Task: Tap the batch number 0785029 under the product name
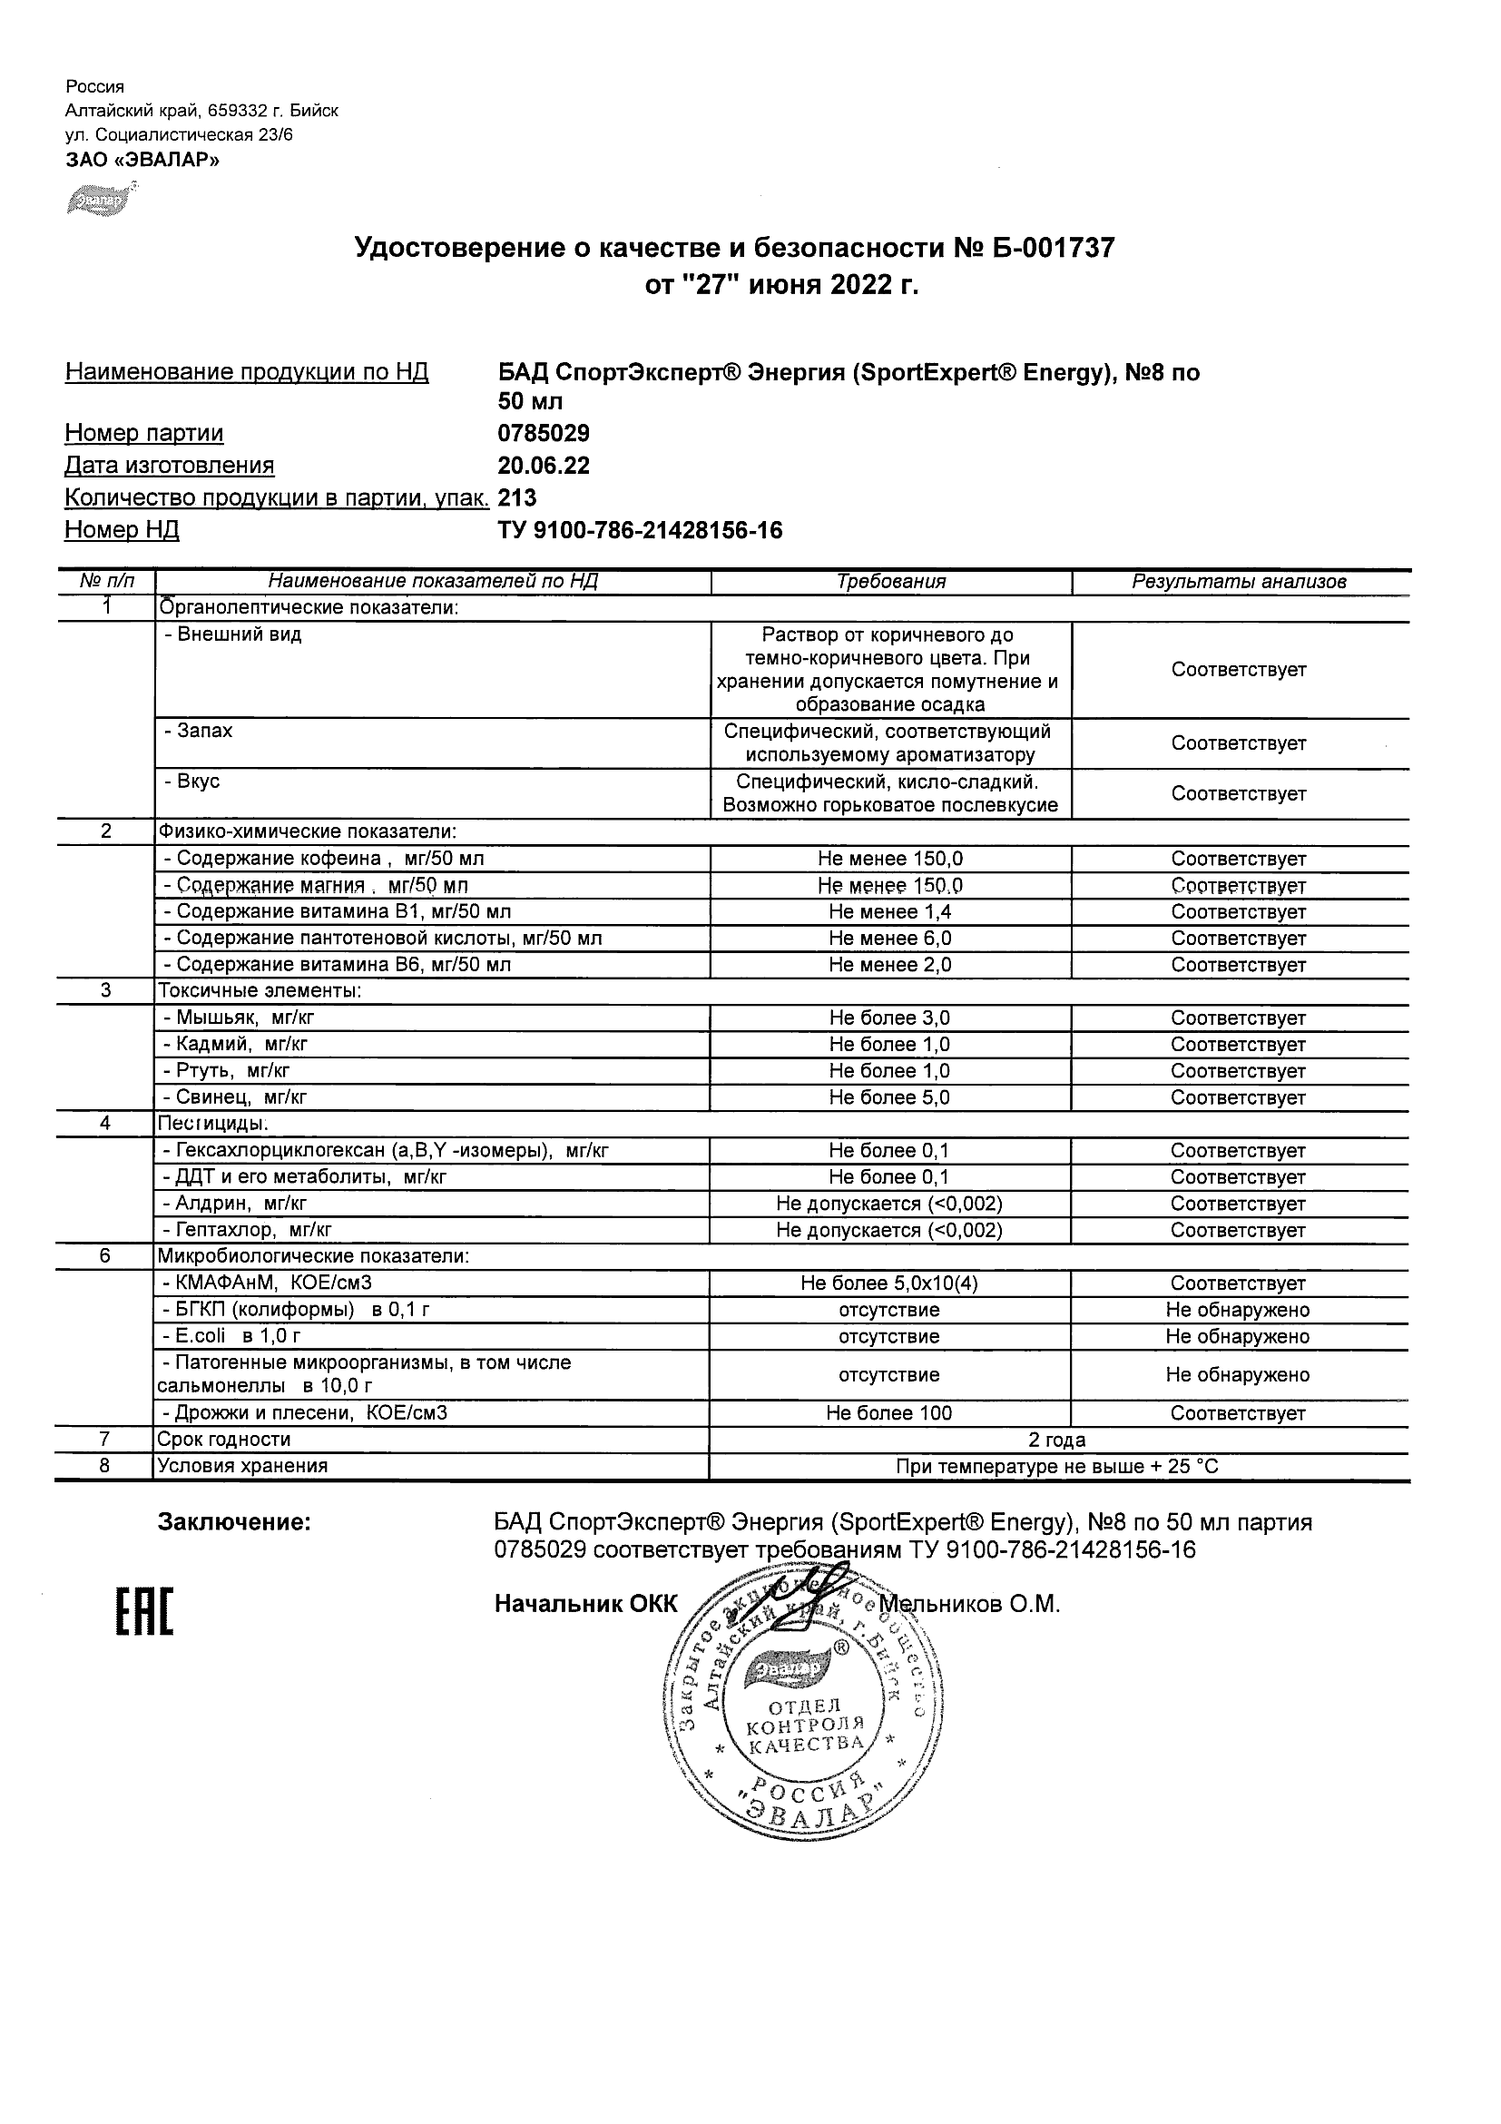click(x=543, y=433)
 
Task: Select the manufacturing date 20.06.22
click(x=543, y=466)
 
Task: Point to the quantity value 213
click(x=517, y=497)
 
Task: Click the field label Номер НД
click(x=122, y=530)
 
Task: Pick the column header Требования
click(x=890, y=582)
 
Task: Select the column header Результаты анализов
click(x=1239, y=582)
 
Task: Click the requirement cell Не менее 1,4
click(x=889, y=912)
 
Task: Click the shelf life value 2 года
click(x=1057, y=1441)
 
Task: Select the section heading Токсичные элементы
click(x=259, y=991)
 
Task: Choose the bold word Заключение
click(x=234, y=1523)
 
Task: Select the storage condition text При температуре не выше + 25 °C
click(x=1057, y=1466)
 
